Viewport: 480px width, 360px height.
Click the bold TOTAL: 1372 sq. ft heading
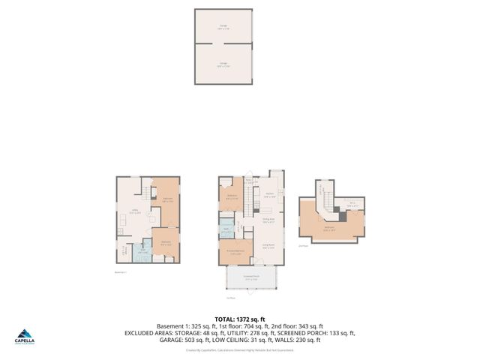click(x=239, y=319)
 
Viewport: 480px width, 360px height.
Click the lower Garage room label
click(x=223, y=64)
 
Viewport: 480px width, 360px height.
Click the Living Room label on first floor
click(x=267, y=244)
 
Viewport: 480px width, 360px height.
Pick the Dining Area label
click(x=268, y=220)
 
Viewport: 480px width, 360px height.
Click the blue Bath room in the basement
click(x=142, y=251)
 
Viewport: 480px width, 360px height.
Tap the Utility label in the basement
click(x=134, y=211)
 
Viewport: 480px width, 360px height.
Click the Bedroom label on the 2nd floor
click(x=328, y=229)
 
